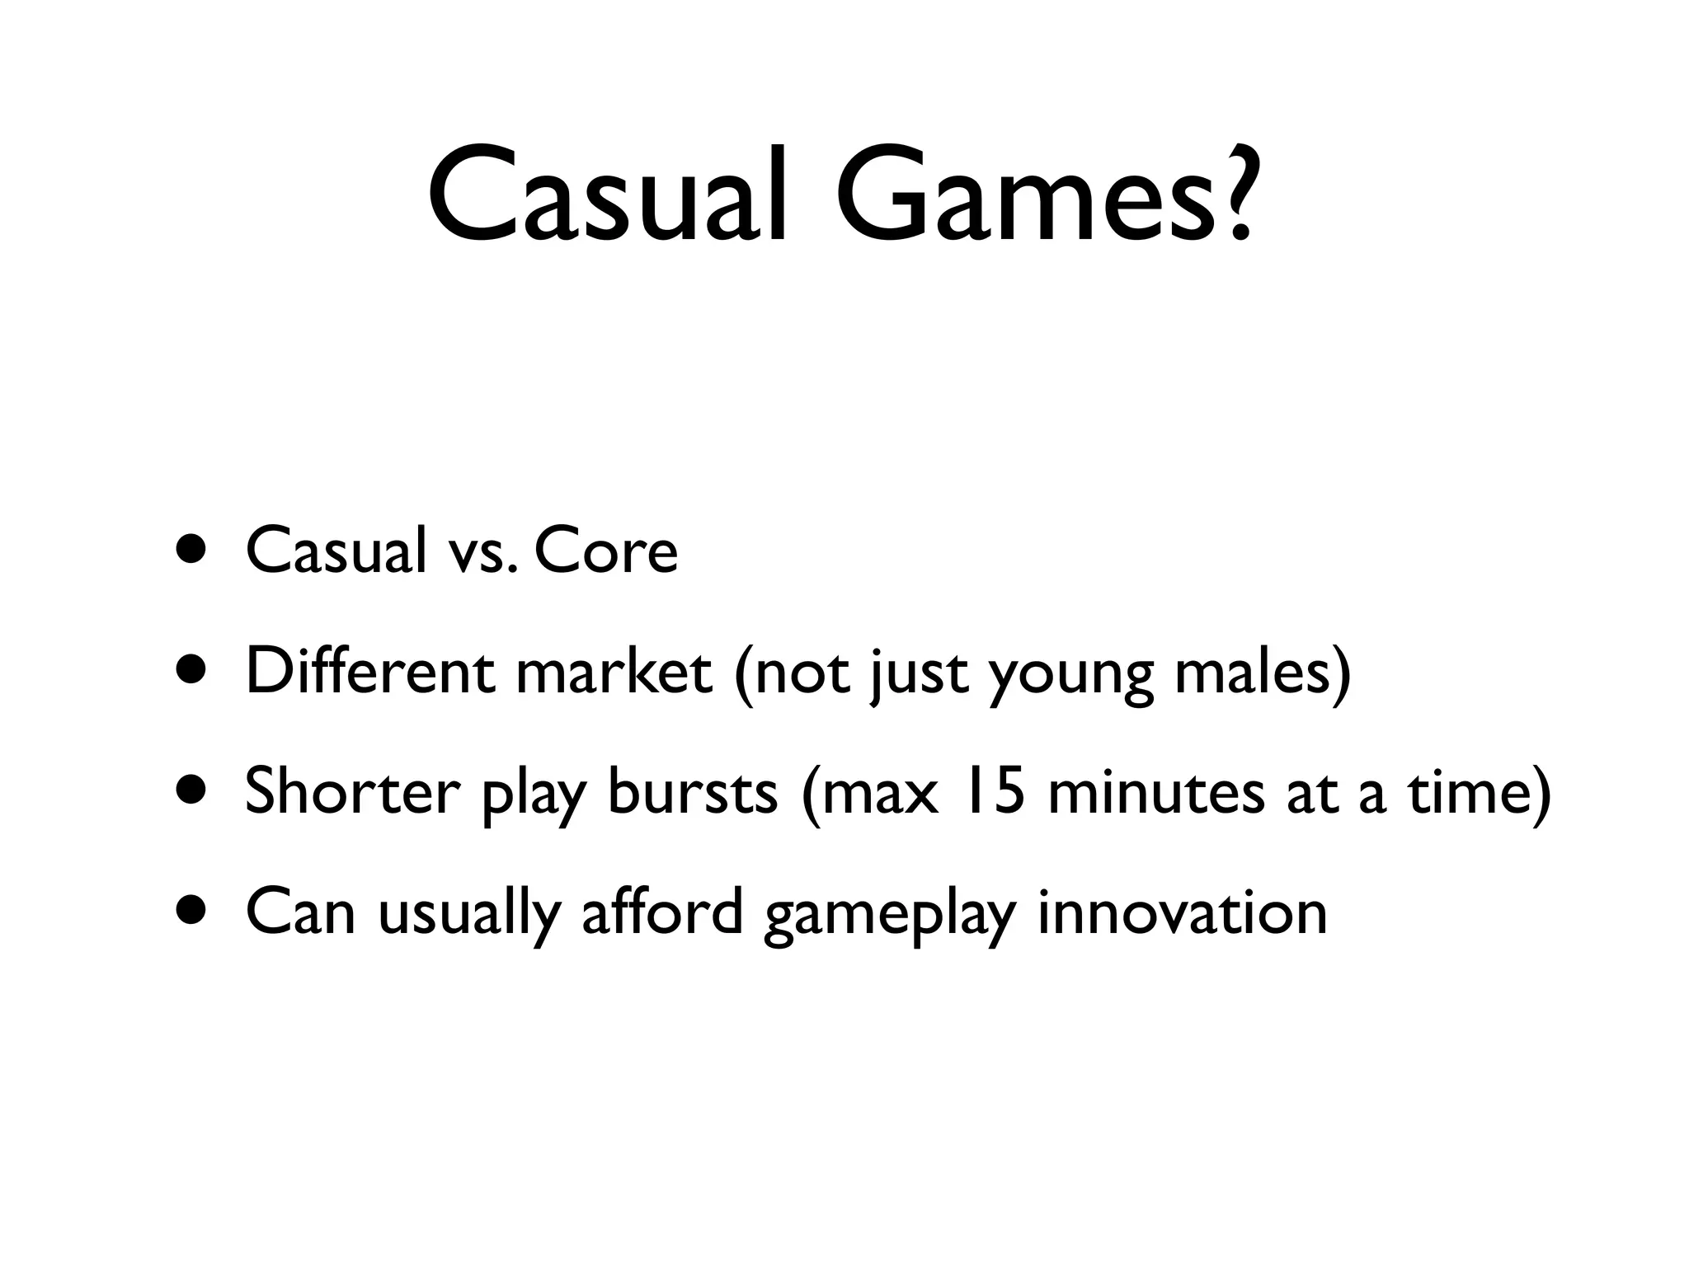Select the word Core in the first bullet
[606, 551]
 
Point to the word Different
[369, 671]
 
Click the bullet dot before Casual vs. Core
[191, 551]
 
